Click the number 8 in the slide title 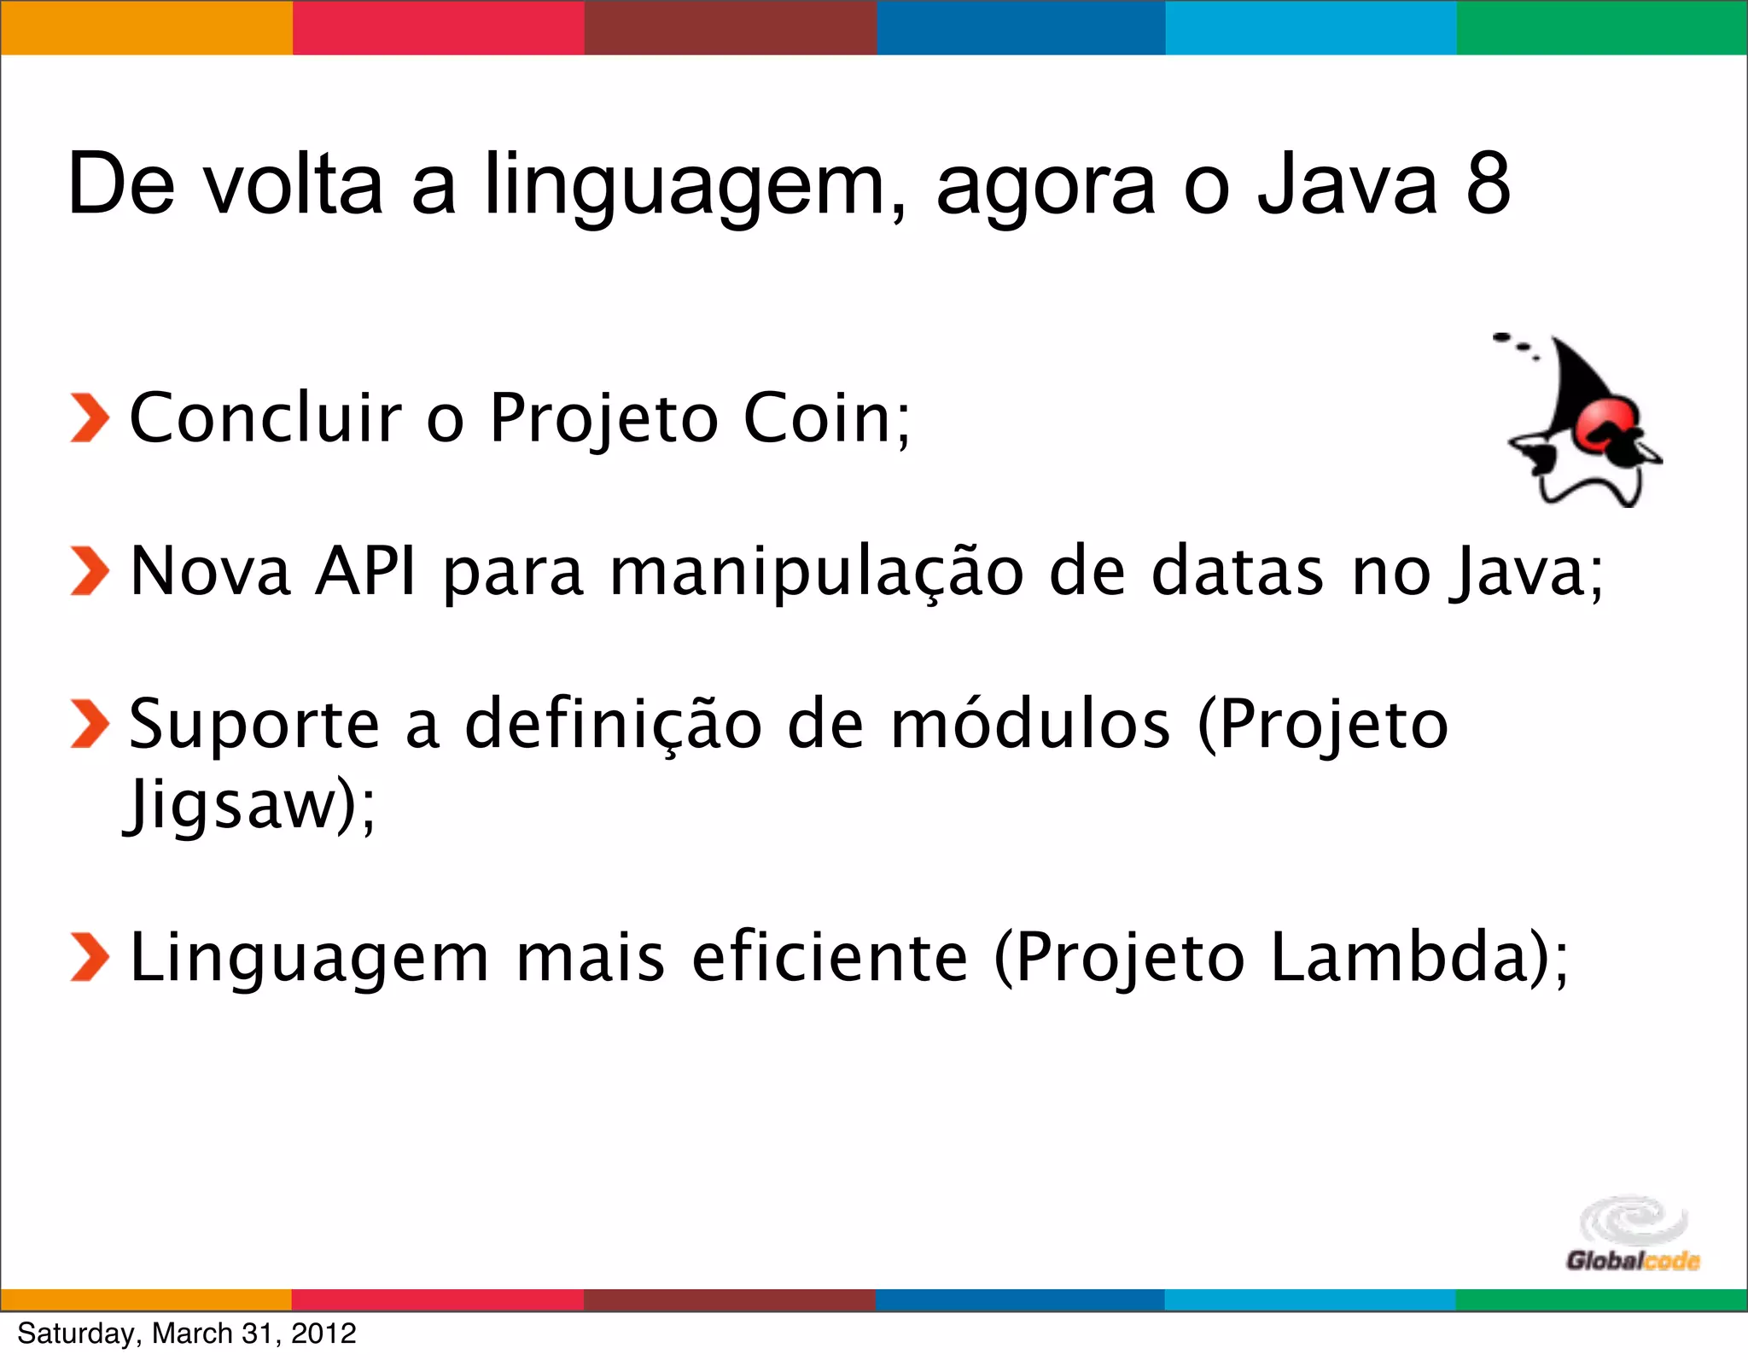tap(1488, 184)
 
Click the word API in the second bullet tap(366, 570)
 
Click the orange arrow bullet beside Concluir tap(89, 419)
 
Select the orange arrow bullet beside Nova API tap(89, 570)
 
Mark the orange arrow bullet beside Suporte tap(89, 724)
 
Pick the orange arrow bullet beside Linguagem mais tap(89, 957)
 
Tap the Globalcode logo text tap(1632, 1261)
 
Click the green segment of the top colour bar tap(1602, 27)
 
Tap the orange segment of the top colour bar tap(146, 27)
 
